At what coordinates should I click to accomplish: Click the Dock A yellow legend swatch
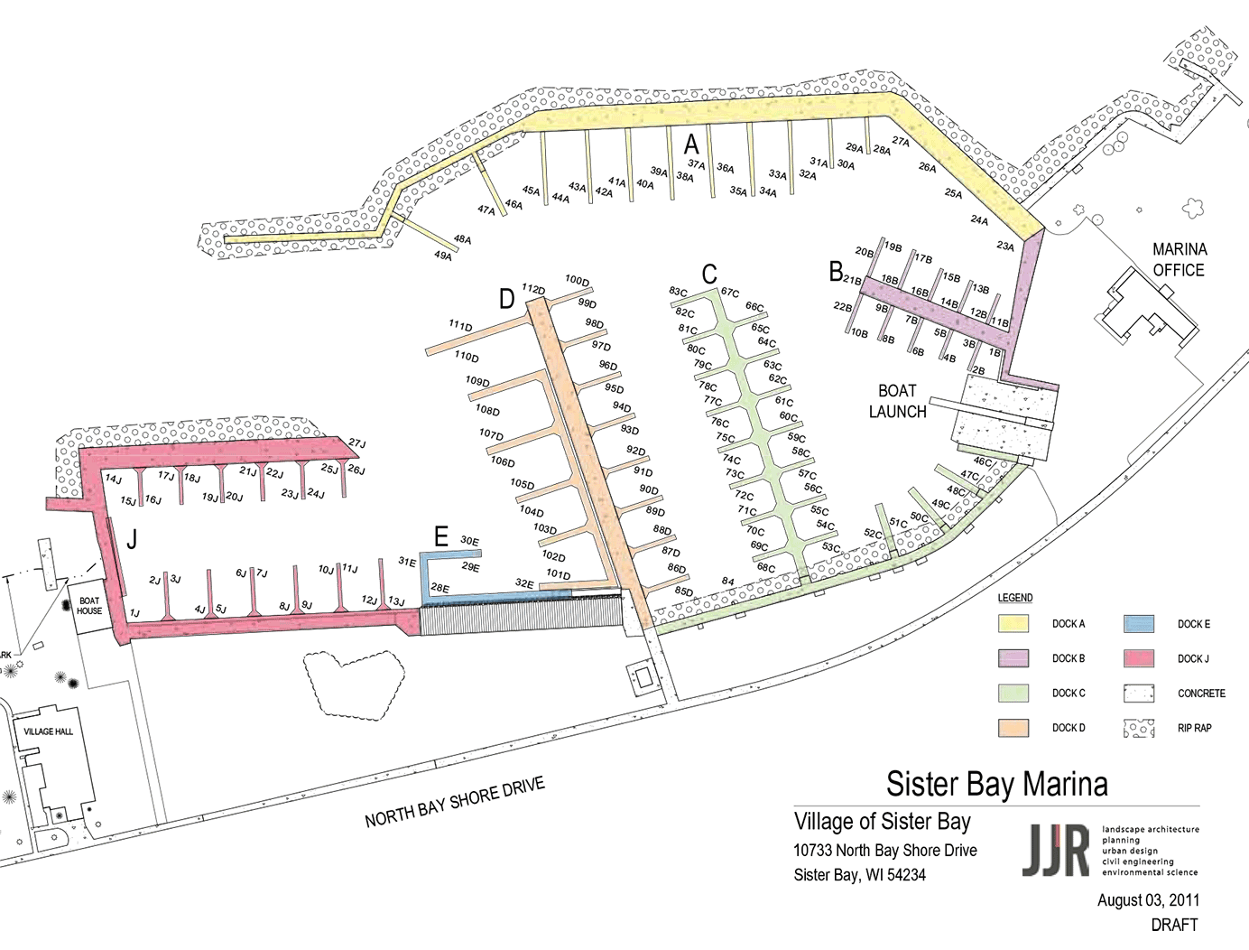(1013, 624)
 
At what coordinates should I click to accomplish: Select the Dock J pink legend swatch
(1139, 658)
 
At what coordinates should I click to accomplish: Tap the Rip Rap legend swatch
(1139, 728)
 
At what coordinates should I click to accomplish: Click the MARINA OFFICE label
(1179, 259)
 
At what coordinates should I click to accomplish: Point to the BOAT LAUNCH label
(897, 401)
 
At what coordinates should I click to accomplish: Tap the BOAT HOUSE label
(89, 606)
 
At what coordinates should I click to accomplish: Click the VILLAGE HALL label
(49, 731)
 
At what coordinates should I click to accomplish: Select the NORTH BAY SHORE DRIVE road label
(455, 802)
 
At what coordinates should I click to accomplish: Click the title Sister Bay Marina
(996, 784)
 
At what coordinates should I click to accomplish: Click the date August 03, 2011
(1148, 899)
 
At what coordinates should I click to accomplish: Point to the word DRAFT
(1174, 925)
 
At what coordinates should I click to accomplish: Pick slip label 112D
(533, 289)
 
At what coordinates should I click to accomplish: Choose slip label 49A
(443, 256)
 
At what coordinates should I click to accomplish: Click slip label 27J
(357, 443)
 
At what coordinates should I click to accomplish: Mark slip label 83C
(678, 292)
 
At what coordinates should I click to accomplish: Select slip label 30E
(469, 541)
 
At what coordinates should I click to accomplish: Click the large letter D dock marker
(507, 299)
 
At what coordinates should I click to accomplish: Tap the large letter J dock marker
(133, 540)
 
